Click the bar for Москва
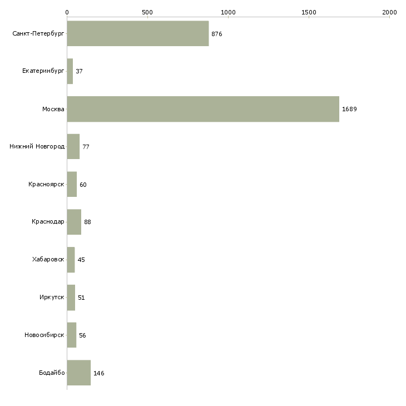point(203,109)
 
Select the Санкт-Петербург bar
point(138,33)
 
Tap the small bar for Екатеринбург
point(70,71)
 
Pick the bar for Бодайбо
point(79,373)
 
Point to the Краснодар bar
point(74,222)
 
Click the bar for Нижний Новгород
point(73,147)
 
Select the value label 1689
point(349,109)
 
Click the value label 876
point(217,34)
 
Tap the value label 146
point(98,373)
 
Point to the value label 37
point(79,71)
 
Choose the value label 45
point(81,260)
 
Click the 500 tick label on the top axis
point(147,12)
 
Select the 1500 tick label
point(309,12)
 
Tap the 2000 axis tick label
point(389,12)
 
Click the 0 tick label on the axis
point(67,12)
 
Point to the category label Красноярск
point(46,184)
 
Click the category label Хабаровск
point(48,259)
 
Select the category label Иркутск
point(52,297)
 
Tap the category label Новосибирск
point(44,335)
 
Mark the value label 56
point(82,335)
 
